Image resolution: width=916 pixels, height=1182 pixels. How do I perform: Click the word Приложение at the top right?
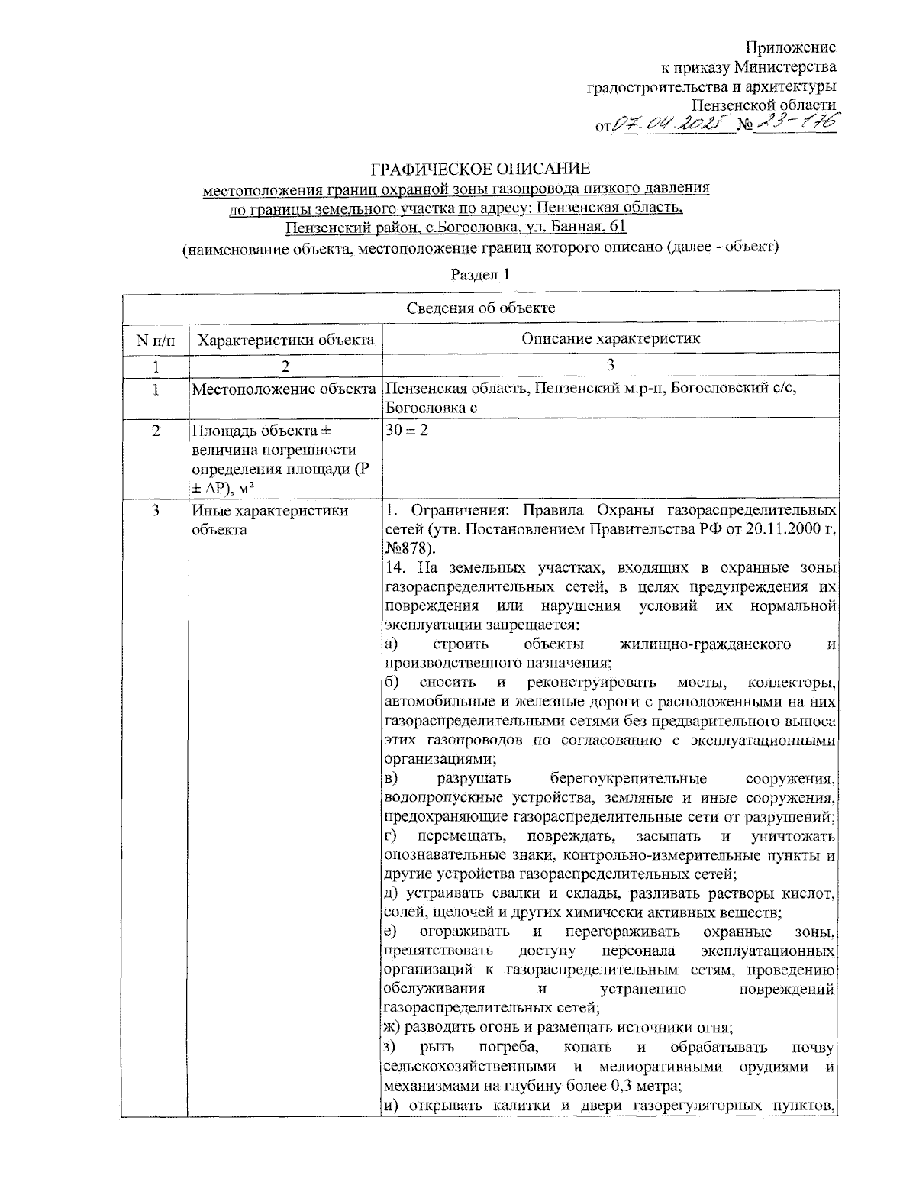(791, 48)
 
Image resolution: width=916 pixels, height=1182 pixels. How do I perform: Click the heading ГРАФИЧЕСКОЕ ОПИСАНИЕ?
(481, 169)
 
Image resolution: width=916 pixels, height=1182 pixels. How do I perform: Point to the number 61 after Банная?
(617, 227)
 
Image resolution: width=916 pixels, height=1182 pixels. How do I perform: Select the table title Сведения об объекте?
(480, 308)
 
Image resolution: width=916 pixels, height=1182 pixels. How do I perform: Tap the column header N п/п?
(156, 340)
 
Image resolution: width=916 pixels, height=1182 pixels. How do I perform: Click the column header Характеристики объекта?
(285, 340)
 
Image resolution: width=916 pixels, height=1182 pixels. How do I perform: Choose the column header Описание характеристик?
(610, 339)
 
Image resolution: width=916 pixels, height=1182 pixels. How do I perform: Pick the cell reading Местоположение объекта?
(285, 389)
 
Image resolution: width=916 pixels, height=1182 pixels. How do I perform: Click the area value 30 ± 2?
(408, 430)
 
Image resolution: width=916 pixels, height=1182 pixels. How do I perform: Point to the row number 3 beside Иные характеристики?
(156, 511)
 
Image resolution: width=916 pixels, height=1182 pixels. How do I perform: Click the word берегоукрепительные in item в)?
(627, 779)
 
